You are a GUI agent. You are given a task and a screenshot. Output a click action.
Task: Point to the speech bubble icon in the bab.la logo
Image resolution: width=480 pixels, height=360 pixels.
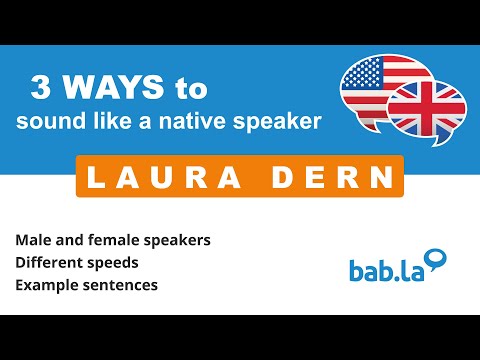point(435,261)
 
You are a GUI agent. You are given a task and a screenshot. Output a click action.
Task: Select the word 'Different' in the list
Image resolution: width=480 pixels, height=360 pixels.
point(46,262)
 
